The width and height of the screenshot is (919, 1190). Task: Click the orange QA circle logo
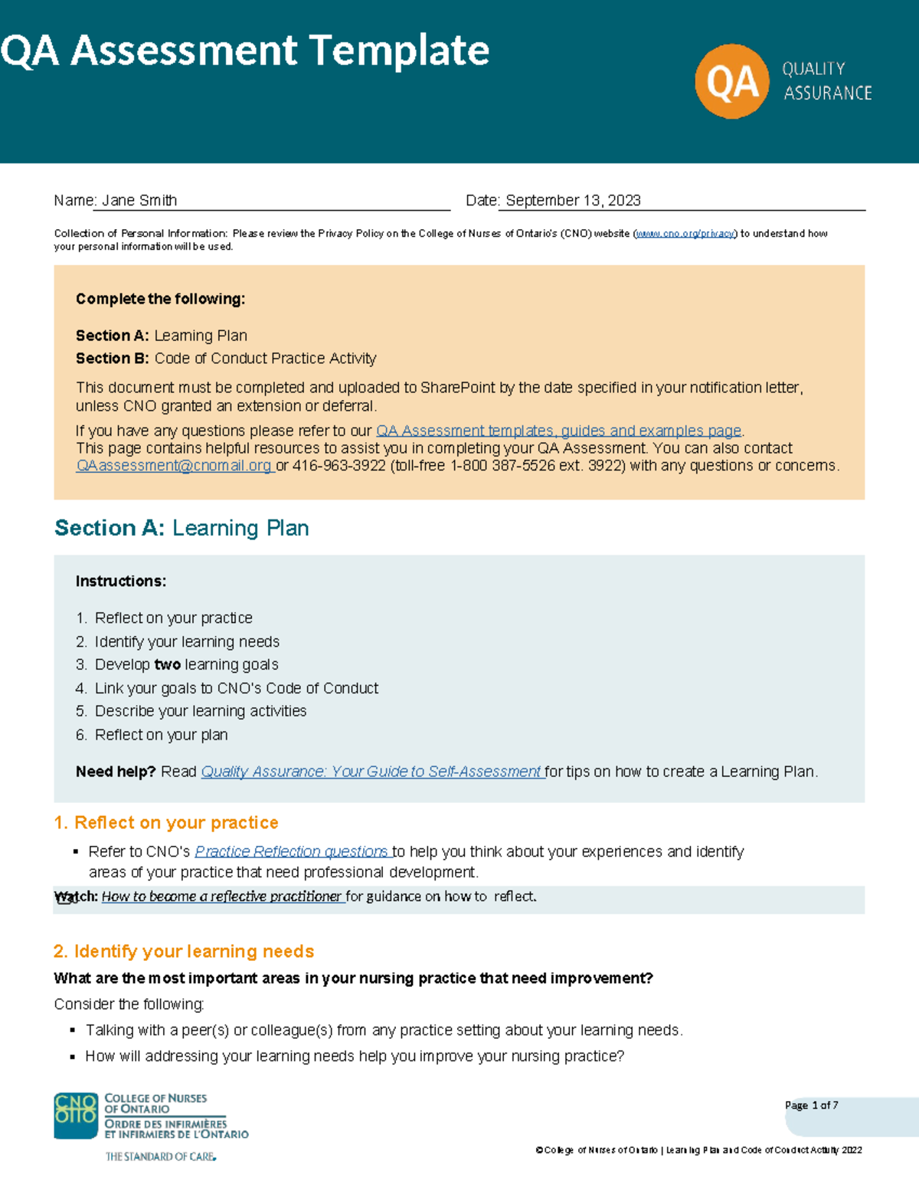pos(731,81)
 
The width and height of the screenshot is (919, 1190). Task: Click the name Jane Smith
pos(139,201)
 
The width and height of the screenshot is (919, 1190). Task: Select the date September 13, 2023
pos(573,201)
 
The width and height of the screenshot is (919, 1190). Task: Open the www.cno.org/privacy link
pos(685,234)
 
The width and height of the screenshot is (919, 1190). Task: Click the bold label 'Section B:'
pos(113,359)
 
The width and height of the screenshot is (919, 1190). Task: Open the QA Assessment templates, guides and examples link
pos(558,431)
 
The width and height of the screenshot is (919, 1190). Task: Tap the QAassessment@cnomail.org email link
pos(174,466)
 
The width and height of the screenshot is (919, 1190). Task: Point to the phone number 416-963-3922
pos(338,466)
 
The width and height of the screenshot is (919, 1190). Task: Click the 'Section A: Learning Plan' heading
pos(182,528)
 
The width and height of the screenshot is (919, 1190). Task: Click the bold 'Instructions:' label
pos(121,582)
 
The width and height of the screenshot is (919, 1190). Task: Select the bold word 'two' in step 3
pos(167,665)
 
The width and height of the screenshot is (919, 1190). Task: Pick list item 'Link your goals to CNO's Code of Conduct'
pos(236,688)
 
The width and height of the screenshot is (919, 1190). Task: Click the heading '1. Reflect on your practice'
pos(166,823)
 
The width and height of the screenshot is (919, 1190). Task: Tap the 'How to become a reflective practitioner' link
pos(221,897)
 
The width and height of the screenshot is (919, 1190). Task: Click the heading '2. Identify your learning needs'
pos(184,952)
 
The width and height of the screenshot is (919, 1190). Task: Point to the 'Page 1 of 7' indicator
pos(811,1106)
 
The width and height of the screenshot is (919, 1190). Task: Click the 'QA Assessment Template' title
pos(245,51)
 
